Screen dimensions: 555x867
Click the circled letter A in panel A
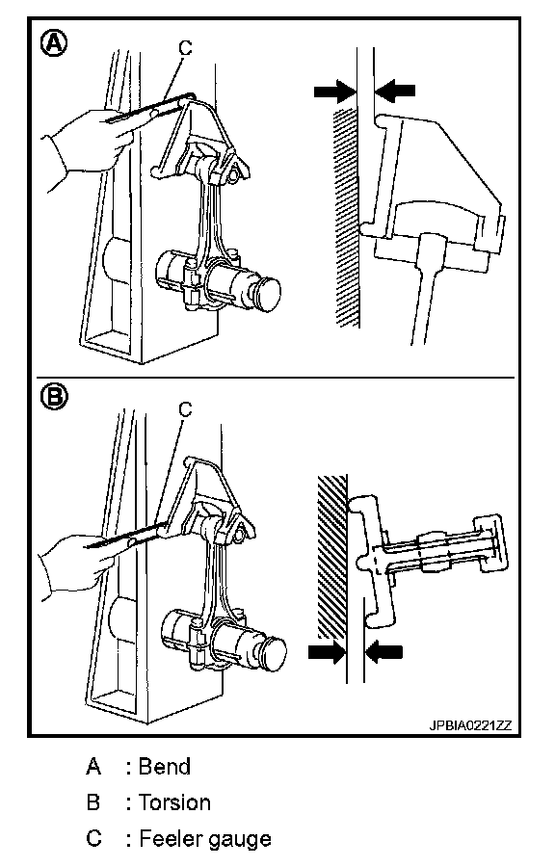(x=55, y=42)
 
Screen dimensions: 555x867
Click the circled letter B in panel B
(x=55, y=397)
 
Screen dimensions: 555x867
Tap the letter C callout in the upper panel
(x=186, y=49)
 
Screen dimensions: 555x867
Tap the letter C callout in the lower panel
(x=186, y=409)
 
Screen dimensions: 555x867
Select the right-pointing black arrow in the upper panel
(x=335, y=91)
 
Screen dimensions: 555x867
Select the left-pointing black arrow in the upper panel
(x=395, y=91)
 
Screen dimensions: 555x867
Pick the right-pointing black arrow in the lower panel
(x=328, y=652)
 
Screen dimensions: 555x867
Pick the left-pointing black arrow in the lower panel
(x=384, y=652)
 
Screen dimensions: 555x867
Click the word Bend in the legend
(x=164, y=767)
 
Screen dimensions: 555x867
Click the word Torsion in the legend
(x=174, y=802)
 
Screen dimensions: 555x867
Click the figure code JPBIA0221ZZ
(x=470, y=724)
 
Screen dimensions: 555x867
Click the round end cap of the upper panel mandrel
(x=267, y=291)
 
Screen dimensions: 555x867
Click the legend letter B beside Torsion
(x=94, y=802)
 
